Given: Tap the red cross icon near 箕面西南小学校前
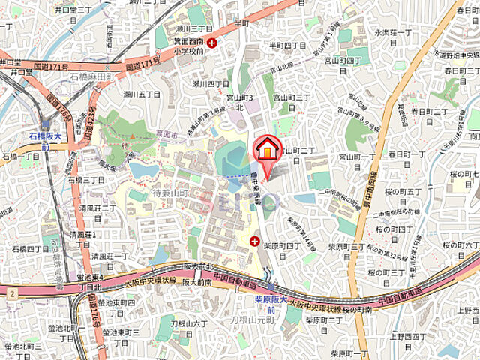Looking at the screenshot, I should point(213,43).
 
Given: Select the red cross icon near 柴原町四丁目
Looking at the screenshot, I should point(255,241).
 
